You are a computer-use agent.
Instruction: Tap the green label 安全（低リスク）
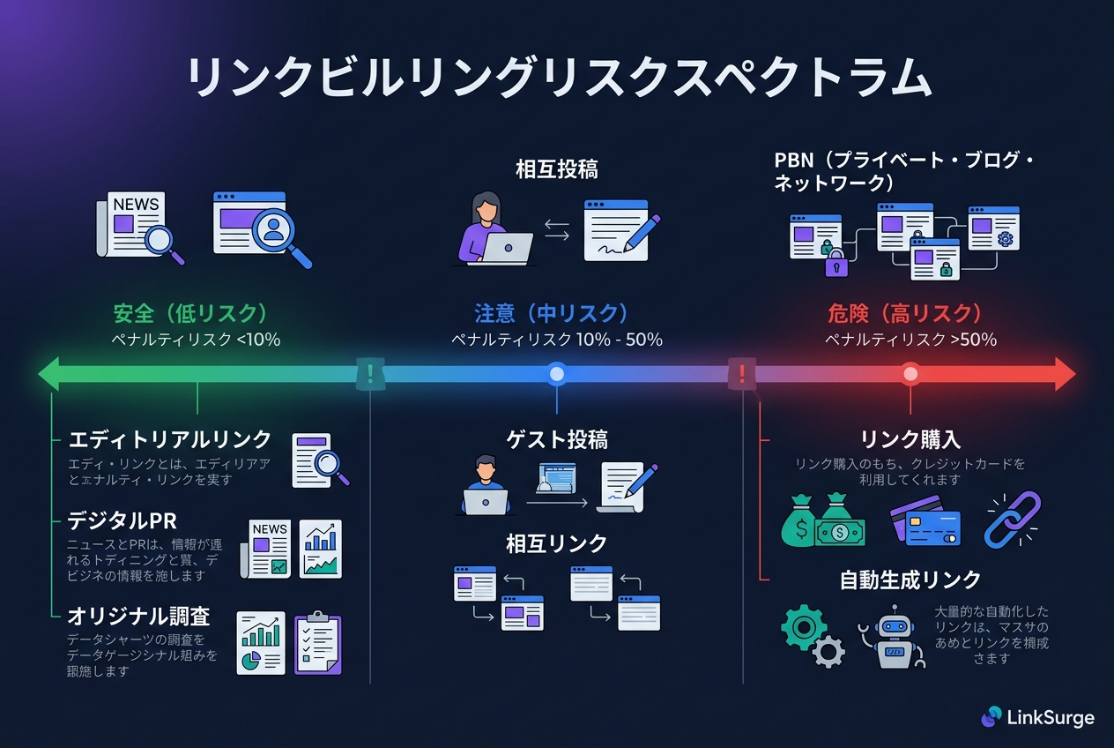pyautogui.click(x=190, y=313)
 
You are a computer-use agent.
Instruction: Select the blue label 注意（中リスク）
pyautogui.click(x=552, y=313)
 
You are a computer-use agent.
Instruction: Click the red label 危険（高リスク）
pyautogui.click(x=905, y=313)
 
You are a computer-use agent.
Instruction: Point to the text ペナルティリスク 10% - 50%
pyautogui.click(x=557, y=340)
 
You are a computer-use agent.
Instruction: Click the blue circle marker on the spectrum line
pyautogui.click(x=556, y=374)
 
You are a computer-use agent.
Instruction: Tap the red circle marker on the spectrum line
pyautogui.click(x=910, y=374)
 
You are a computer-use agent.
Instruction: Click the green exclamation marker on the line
pyautogui.click(x=370, y=374)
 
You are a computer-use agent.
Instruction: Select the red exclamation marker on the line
pyautogui.click(x=742, y=374)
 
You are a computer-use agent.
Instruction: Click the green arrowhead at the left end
pyautogui.click(x=49, y=374)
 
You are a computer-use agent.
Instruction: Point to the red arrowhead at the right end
pyautogui.click(x=1064, y=374)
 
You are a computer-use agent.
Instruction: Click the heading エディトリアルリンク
pyautogui.click(x=170, y=440)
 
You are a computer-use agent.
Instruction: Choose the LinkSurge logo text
pyautogui.click(x=1049, y=718)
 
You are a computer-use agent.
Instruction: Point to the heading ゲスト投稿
pyautogui.click(x=557, y=438)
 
